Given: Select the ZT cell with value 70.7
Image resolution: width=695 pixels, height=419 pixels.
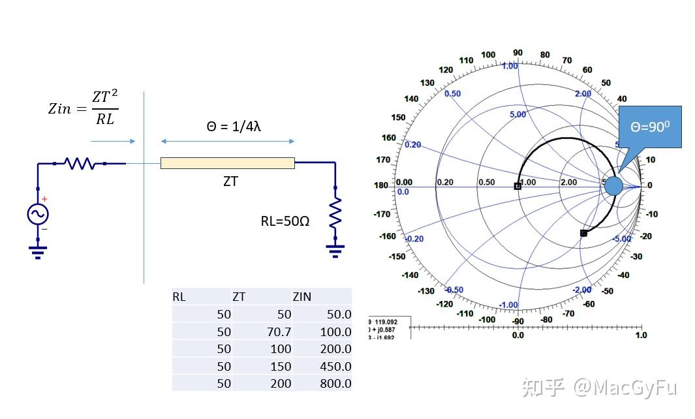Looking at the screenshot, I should tap(279, 332).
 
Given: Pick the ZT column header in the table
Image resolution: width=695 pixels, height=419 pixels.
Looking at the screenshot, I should tap(239, 297).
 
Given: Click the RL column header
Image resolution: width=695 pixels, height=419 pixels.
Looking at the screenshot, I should tap(179, 297).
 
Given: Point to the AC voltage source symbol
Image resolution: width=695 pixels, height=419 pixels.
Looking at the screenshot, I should tap(37, 213).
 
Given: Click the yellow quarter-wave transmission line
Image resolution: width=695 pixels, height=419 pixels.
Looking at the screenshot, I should tap(227, 163).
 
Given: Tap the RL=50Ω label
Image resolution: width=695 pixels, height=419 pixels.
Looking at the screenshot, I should tap(285, 221).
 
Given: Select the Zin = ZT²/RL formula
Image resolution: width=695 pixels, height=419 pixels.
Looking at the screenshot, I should tap(83, 108).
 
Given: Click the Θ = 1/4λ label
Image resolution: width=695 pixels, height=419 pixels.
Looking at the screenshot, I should tap(234, 127).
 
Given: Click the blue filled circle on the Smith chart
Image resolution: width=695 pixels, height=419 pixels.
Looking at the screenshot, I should tap(613, 186).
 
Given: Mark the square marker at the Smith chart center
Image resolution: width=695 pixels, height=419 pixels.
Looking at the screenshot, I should tap(517, 186).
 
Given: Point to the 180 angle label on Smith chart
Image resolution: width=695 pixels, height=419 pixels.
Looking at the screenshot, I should tap(382, 185).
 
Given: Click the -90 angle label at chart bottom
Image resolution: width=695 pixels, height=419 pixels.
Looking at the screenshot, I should tap(517, 321).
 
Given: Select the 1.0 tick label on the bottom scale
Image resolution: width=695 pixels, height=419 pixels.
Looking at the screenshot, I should tap(641, 335).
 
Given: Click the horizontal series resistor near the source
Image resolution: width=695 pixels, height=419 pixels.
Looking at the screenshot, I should tap(80, 163).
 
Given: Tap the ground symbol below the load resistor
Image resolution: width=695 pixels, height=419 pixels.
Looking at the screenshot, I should tap(335, 250).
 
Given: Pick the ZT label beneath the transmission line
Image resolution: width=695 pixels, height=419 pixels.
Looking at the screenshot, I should tap(230, 181).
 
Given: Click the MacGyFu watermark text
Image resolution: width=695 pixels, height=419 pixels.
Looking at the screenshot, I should tap(625, 387).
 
